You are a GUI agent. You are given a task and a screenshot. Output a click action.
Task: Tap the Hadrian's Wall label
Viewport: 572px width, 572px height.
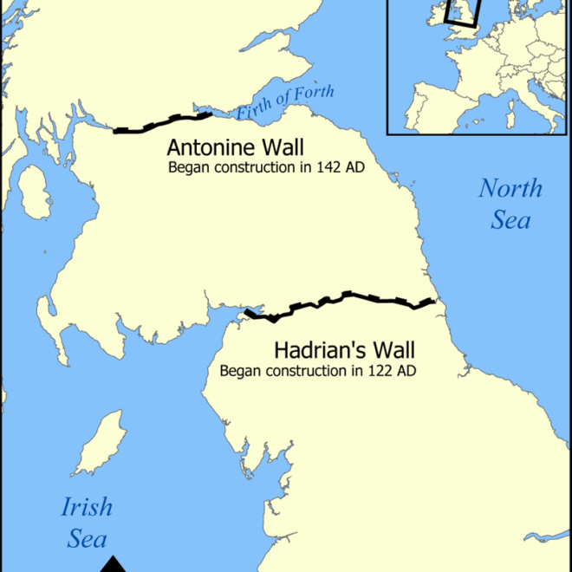tap(344, 351)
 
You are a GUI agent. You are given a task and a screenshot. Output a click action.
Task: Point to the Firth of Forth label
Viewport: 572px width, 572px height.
tap(285, 103)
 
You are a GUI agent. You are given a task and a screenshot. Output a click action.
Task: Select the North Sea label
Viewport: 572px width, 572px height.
tap(510, 203)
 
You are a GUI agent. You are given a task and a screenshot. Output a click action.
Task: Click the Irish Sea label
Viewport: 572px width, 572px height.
tap(87, 523)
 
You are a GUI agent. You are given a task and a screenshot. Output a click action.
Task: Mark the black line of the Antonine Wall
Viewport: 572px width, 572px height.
tap(165, 123)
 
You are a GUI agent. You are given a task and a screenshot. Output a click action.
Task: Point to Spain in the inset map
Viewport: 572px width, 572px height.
tap(433, 104)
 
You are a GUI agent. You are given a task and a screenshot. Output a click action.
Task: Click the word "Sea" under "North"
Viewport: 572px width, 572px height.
tap(510, 219)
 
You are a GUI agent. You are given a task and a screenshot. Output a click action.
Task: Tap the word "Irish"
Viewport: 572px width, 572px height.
tap(87, 507)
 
